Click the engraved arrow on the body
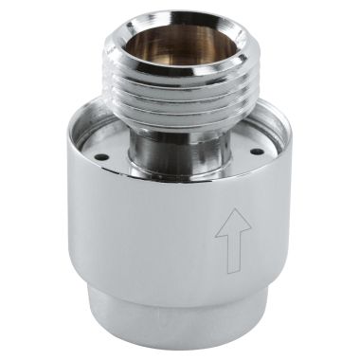coord(233,237)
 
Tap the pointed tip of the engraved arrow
coord(233,211)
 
